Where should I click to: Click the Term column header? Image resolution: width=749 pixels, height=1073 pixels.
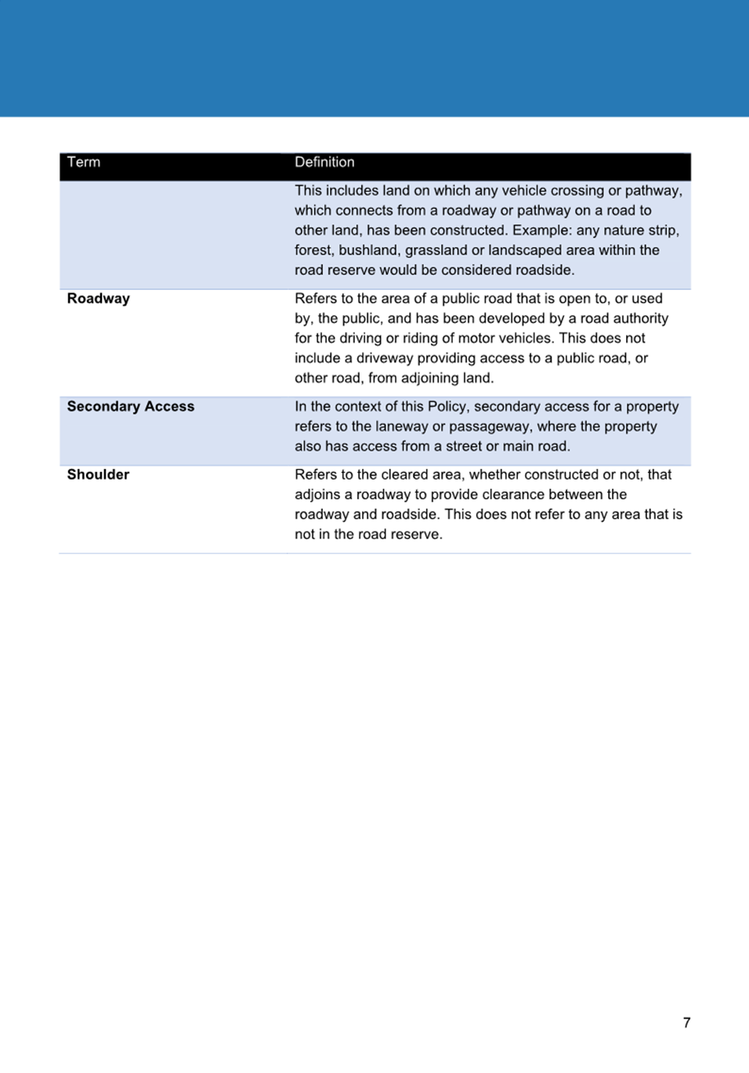pos(84,162)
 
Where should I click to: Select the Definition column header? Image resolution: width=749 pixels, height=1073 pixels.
pos(324,162)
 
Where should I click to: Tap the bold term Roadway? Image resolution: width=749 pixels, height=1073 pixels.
pos(99,299)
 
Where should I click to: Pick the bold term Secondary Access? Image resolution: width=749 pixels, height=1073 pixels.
pos(131,407)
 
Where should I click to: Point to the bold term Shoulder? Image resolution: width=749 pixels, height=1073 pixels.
pos(98,475)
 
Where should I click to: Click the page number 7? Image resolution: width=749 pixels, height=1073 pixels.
pos(686,1023)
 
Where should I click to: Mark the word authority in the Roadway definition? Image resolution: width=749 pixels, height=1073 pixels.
pos(641,318)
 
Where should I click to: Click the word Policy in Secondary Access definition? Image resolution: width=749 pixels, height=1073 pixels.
pos(447,407)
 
